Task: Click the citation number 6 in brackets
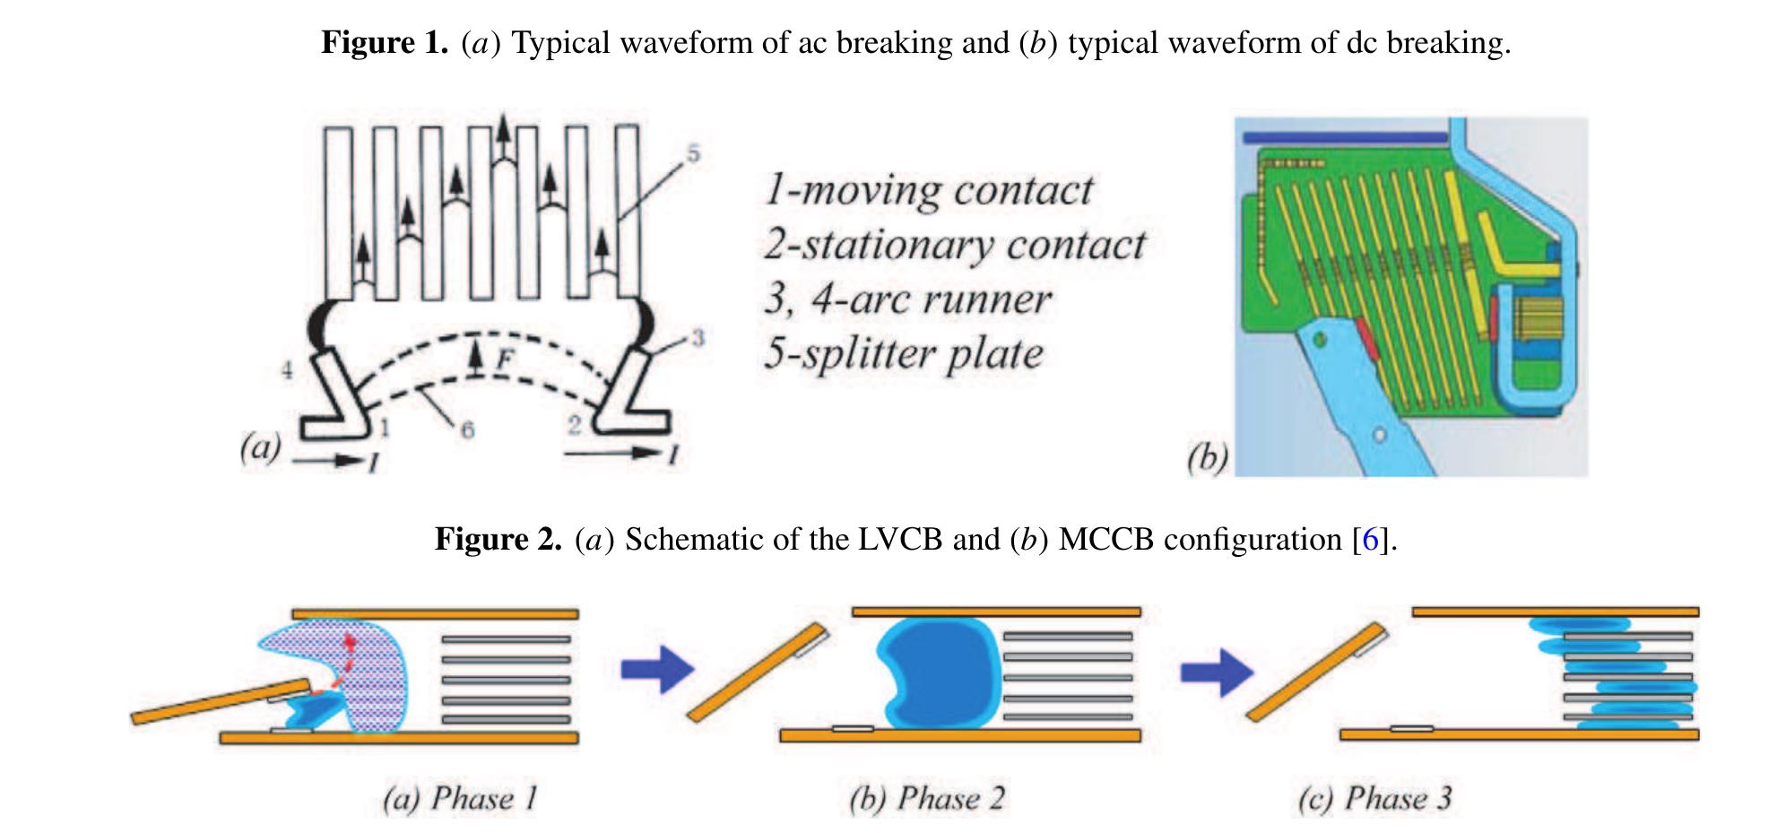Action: click(x=1369, y=540)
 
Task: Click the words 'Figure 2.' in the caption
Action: click(x=498, y=540)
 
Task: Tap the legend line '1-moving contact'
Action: click(x=928, y=190)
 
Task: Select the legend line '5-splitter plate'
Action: click(x=904, y=353)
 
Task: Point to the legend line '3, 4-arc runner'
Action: click(x=907, y=299)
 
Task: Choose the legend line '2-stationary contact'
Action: click(x=954, y=245)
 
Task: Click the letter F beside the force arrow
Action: click(x=505, y=360)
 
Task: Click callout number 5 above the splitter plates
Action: click(x=693, y=154)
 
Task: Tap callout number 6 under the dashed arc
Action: click(x=467, y=430)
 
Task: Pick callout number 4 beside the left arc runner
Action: click(x=287, y=369)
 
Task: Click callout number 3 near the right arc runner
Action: click(x=698, y=338)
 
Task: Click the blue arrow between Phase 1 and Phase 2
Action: click(x=657, y=669)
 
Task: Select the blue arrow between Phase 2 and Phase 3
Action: click(x=1217, y=671)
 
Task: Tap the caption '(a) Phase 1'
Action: click(x=460, y=798)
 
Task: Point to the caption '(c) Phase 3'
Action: click(x=1374, y=798)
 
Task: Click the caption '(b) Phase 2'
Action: click(x=927, y=798)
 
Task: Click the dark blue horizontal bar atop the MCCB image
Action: click(x=1344, y=137)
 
